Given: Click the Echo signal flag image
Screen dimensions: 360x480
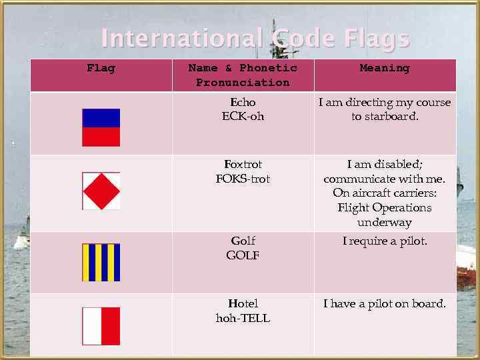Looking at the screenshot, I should [101, 127].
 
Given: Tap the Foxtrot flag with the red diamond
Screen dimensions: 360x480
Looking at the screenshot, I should [101, 191].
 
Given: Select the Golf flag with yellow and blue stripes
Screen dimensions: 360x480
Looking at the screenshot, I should [101, 262].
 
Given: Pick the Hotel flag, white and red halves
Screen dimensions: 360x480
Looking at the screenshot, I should [101, 326].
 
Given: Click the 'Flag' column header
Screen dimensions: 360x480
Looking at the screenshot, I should [101, 68].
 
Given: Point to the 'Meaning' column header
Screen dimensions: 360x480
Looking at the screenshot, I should [385, 68].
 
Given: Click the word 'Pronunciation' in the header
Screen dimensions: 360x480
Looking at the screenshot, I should [243, 83].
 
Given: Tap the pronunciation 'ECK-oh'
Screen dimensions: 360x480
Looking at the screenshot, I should [243, 117].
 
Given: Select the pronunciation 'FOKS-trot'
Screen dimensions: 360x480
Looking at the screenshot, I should [243, 179].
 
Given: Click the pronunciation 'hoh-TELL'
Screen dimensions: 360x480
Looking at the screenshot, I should [243, 319].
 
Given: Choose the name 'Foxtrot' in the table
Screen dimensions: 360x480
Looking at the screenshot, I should [243, 164].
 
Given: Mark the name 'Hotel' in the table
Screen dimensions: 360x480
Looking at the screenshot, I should [243, 304].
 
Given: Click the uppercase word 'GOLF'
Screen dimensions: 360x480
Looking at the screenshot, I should [243, 255].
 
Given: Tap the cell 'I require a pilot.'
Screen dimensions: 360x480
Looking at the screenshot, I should [385, 241].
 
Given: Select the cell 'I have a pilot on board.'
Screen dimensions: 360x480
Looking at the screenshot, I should [385, 304].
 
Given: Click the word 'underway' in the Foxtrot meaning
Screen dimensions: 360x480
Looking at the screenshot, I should [385, 223].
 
